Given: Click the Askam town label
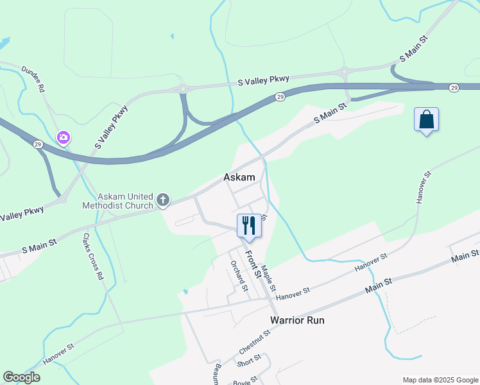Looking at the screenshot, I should (239, 177).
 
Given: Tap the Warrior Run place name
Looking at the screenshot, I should (297, 320).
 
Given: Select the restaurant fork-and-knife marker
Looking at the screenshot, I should (249, 225).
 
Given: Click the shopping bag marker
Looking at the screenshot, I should (426, 119).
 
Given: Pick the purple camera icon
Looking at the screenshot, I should (64, 137).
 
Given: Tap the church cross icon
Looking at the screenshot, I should (163, 200).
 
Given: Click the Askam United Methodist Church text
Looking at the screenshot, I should (117, 201).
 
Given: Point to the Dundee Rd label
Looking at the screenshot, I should (33, 79).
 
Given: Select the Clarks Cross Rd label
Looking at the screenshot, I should (93, 255).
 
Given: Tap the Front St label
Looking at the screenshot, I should (253, 264).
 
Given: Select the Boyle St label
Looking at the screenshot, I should (245, 381).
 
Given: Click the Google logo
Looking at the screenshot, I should (22, 377).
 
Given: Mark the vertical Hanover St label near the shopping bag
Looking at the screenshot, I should (423, 187).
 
